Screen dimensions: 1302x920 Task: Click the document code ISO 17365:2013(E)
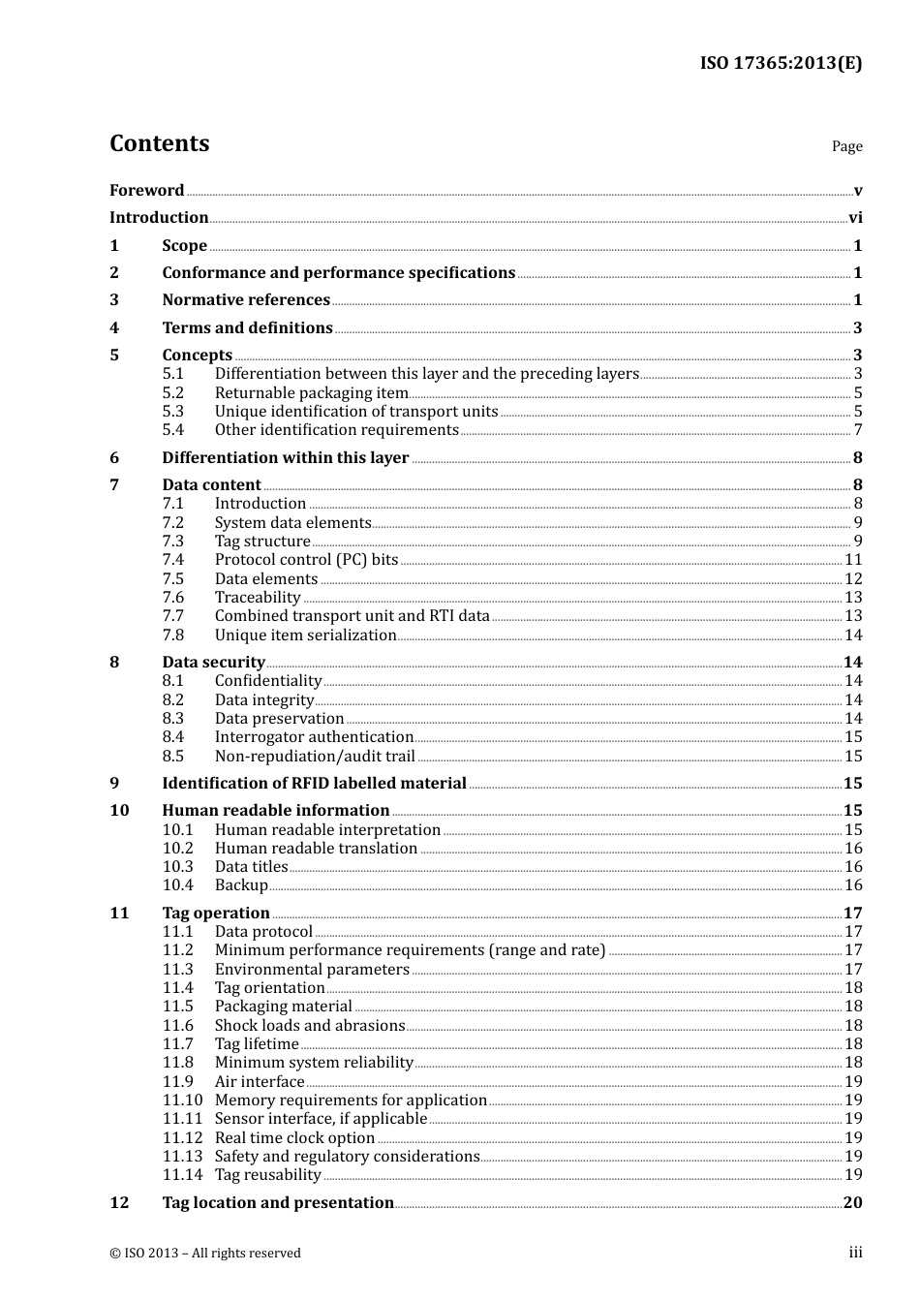point(781,63)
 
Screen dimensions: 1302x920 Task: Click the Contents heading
point(159,143)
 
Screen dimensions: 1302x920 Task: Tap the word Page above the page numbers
point(846,146)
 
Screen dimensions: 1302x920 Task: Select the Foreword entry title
point(146,191)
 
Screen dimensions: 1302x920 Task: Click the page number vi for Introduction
point(854,218)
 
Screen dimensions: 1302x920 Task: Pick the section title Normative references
point(246,300)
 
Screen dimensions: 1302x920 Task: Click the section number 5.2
point(172,392)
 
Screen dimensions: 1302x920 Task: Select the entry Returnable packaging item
point(311,392)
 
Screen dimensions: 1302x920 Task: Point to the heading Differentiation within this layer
point(285,457)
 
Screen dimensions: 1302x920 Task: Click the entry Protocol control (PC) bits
point(306,560)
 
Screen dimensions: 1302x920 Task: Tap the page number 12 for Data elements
point(852,578)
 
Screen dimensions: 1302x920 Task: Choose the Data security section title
point(213,662)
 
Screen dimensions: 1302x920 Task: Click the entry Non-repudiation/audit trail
point(315,756)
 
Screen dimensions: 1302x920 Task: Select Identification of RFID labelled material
point(314,783)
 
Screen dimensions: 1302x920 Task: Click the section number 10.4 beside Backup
point(177,885)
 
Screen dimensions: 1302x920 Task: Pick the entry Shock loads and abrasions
point(309,1025)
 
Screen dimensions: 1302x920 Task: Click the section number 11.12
point(182,1137)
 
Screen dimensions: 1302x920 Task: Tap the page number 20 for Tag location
point(852,1202)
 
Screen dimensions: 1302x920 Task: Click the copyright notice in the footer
point(204,1253)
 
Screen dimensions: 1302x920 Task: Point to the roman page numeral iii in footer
point(855,1253)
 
